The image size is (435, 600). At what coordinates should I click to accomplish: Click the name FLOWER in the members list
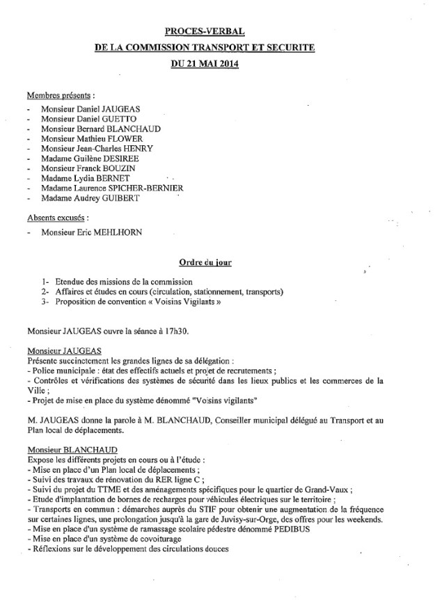(132, 139)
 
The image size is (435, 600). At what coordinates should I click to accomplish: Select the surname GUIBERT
(134, 197)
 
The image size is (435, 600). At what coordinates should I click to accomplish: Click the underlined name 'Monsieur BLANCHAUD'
(72, 450)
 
